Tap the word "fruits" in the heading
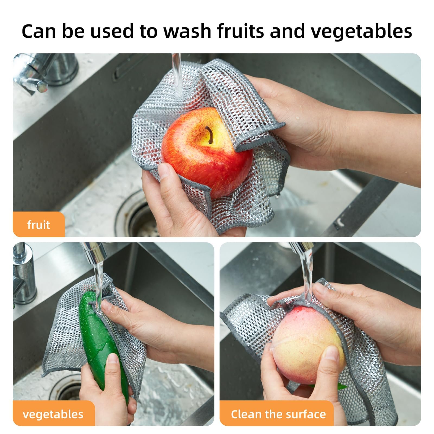click(240, 31)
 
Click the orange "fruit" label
click(39, 225)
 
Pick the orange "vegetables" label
click(53, 414)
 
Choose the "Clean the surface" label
click(278, 414)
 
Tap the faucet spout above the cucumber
click(94, 251)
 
